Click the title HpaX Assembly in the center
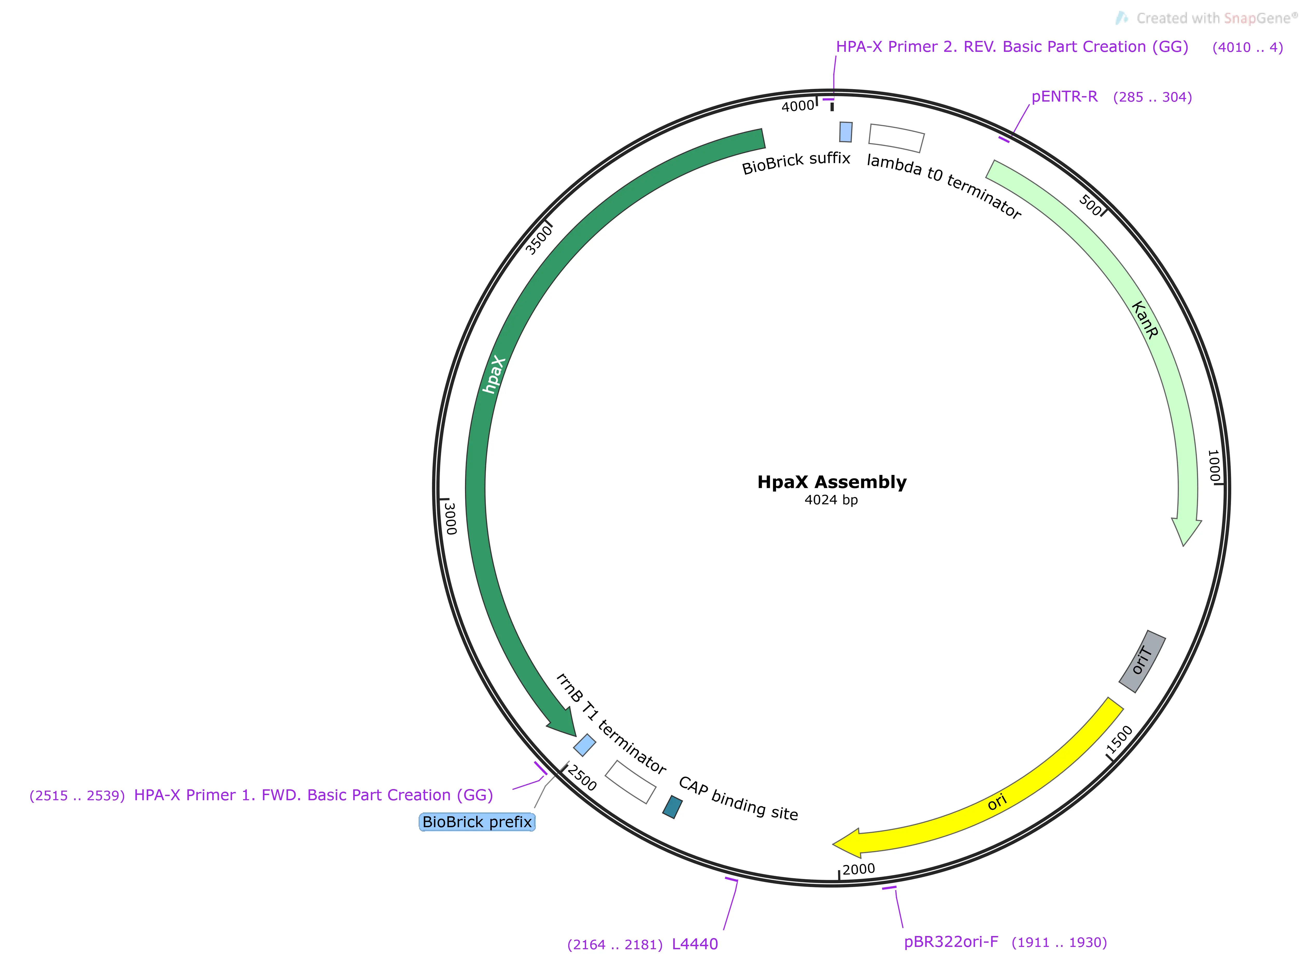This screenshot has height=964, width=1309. (x=832, y=482)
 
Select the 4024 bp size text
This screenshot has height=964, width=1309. (x=831, y=500)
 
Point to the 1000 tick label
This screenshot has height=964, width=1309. (x=1214, y=466)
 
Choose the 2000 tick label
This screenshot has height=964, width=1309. (x=858, y=869)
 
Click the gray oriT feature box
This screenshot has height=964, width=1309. (x=1142, y=661)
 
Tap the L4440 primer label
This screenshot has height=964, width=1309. (x=694, y=944)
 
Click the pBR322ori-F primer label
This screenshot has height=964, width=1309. (x=951, y=942)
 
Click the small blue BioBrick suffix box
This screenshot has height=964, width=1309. (x=846, y=132)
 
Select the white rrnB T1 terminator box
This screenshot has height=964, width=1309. (x=630, y=782)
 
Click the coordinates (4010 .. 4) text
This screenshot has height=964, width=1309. (x=1247, y=48)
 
